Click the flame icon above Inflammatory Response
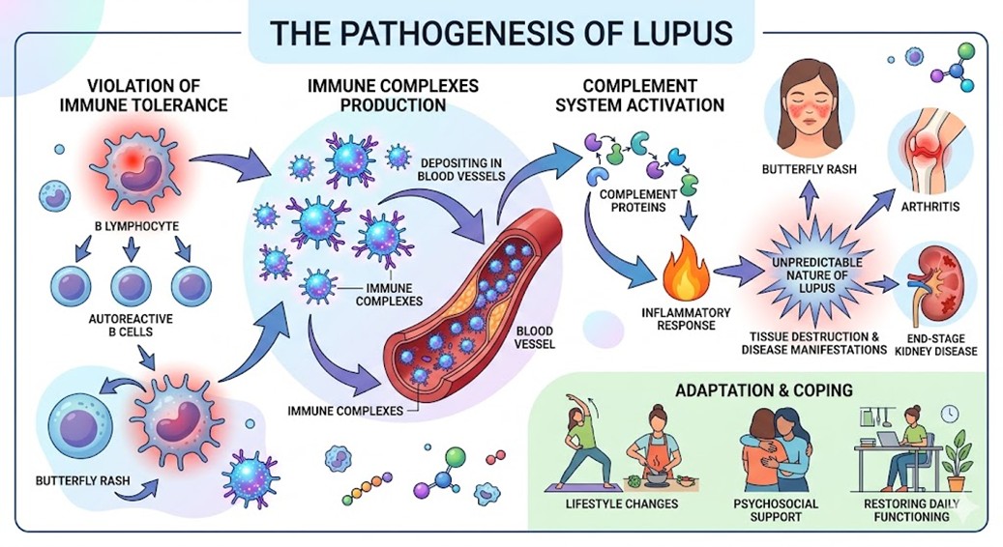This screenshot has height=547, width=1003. (x=691, y=272)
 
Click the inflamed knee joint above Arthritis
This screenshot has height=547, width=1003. (x=930, y=156)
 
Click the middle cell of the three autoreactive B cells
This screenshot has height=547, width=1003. (x=131, y=285)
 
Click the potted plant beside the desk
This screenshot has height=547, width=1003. (x=959, y=461)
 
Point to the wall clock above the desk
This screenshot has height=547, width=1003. (x=949, y=413)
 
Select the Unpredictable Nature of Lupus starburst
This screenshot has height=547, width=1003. (x=811, y=270)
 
